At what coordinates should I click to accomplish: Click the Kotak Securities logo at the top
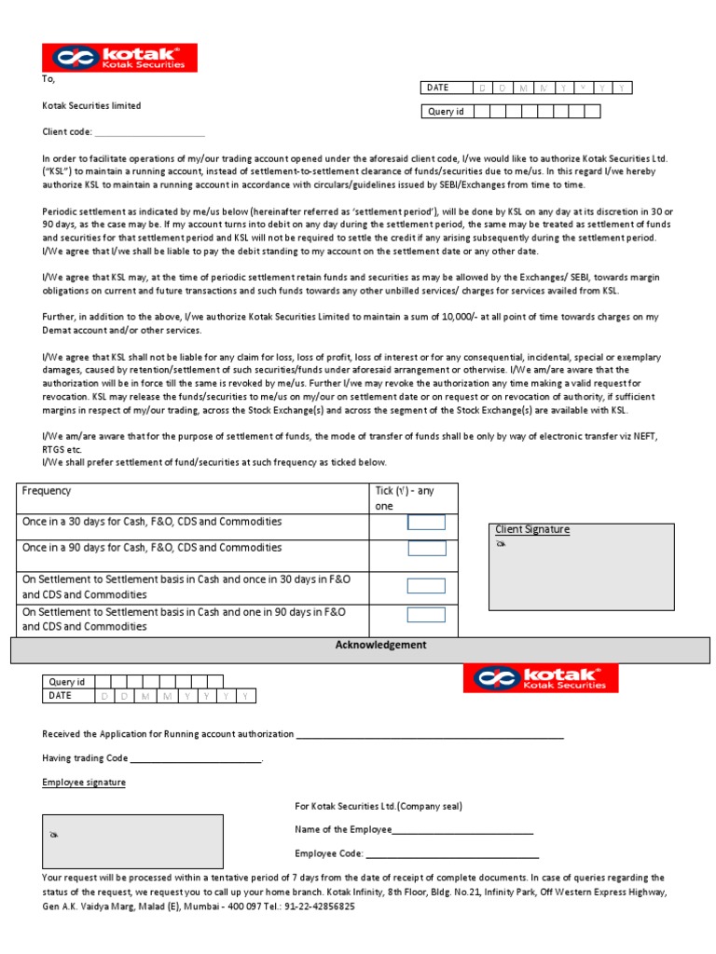tap(118, 58)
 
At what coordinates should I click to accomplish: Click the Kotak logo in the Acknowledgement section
tap(540, 678)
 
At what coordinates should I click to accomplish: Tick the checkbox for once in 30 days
tap(427, 523)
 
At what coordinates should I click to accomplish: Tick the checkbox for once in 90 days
tap(427, 549)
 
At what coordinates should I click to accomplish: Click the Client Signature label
tap(532, 530)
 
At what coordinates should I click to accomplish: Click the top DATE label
tap(438, 88)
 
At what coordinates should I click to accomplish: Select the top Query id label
tap(446, 112)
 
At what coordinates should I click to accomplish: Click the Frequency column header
tap(47, 491)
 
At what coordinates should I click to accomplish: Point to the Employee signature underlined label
tap(84, 783)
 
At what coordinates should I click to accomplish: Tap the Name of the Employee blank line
tap(462, 830)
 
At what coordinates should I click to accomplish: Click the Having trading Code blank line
tap(196, 759)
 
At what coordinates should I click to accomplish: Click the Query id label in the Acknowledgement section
tap(67, 682)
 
